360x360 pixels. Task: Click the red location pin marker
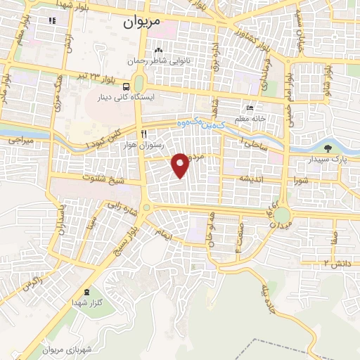click(181, 165)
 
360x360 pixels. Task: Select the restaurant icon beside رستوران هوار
click(143, 134)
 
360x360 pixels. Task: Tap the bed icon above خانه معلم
click(250, 108)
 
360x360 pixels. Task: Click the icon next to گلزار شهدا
click(86, 292)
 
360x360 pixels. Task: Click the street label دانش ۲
click(336, 262)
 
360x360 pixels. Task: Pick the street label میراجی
click(21, 141)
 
